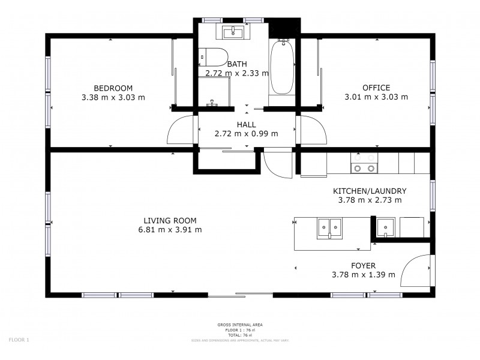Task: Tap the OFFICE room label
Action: click(376, 88)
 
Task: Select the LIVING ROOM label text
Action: click(170, 220)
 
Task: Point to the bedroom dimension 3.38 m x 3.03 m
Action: click(113, 97)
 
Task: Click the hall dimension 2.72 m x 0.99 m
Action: click(246, 134)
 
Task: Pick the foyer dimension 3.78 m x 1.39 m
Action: click(363, 275)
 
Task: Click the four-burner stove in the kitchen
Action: click(364, 169)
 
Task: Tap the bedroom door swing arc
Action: click(181, 130)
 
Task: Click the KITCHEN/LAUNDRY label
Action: click(370, 191)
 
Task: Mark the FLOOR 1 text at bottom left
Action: click(19, 340)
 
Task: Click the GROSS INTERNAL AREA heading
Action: click(239, 325)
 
